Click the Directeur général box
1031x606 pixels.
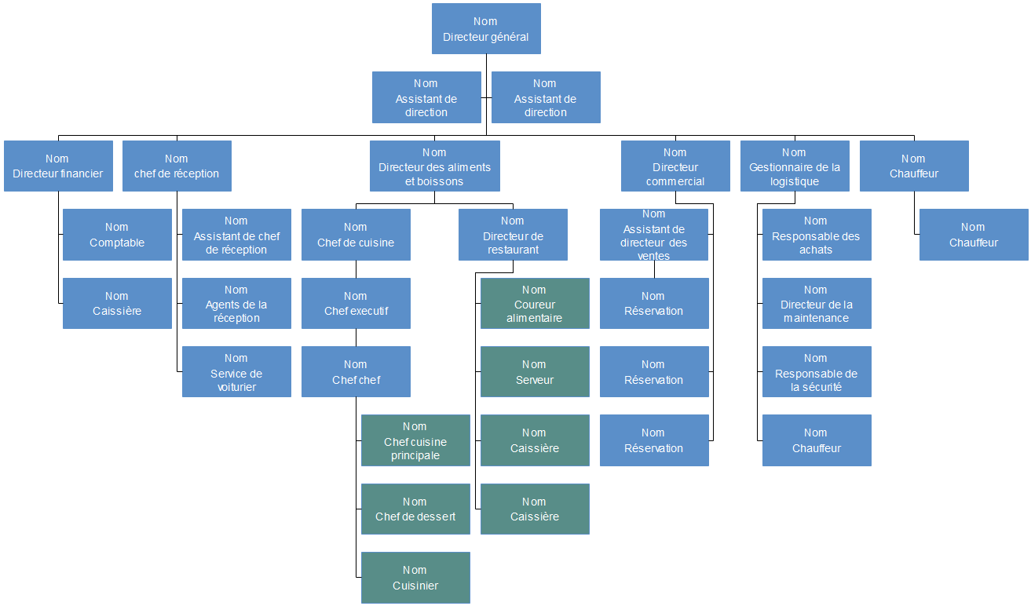tap(486, 29)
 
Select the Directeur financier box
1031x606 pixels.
tap(58, 166)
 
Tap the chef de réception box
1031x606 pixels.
tap(177, 166)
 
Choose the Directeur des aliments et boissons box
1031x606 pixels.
tap(434, 166)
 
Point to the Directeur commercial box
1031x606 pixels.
tap(675, 166)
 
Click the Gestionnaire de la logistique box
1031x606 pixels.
tap(795, 166)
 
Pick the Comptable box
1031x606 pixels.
tap(117, 235)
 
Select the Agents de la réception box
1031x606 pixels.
tap(236, 304)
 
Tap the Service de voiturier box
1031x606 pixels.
tap(236, 372)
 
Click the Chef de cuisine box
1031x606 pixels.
tap(356, 235)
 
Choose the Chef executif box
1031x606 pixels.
tap(356, 304)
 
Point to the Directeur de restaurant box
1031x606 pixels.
tap(513, 235)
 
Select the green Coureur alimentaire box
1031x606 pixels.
tap(535, 304)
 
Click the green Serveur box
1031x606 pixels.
tap(535, 372)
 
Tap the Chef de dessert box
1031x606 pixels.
tap(415, 509)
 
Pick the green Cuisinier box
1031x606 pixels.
tap(415, 578)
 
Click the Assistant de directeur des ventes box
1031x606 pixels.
tap(654, 235)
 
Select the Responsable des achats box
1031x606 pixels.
tap(817, 235)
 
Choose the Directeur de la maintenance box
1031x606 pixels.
tap(817, 304)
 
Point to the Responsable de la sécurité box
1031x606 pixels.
tap(817, 372)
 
